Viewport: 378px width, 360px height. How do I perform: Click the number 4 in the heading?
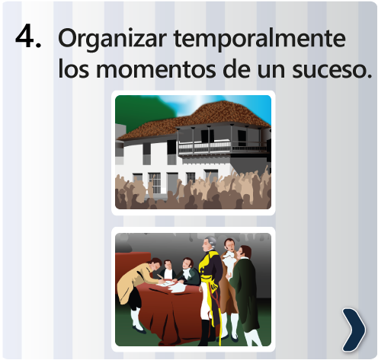coord(25,36)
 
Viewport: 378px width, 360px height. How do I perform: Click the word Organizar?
coord(112,40)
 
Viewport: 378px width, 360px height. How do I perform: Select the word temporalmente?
coord(259,39)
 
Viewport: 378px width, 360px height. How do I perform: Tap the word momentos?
coord(156,69)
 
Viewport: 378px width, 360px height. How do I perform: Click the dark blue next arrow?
coord(354,330)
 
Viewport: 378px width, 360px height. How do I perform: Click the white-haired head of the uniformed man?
coord(210,244)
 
